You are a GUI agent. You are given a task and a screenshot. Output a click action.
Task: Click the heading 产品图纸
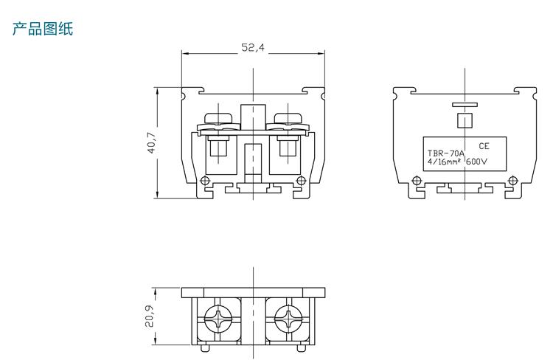43,29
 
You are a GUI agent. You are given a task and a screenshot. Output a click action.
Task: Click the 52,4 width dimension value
253,47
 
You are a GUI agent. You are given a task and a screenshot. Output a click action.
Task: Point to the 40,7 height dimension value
151,142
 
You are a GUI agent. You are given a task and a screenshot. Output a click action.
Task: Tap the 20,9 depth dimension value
149,316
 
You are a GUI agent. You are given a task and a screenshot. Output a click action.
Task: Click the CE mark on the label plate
484,146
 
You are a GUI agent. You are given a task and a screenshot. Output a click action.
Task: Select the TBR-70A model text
446,153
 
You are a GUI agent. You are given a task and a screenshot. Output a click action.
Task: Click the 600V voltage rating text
476,162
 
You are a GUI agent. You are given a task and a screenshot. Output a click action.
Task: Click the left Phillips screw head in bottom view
218,319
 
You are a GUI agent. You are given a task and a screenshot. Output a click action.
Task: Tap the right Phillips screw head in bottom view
288,319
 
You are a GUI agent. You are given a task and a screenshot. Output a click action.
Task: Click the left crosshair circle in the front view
205,181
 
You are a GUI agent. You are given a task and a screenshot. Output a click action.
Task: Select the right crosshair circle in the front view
301,181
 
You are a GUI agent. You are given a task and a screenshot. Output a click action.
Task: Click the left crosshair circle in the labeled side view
417,181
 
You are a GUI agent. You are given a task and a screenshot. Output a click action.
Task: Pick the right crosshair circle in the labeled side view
512,181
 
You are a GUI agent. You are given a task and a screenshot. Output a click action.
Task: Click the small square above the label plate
465,120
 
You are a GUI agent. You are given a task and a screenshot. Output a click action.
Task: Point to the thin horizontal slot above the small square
465,105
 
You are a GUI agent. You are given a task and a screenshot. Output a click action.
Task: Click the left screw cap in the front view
218,118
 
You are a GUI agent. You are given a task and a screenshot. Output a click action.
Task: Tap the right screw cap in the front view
288,118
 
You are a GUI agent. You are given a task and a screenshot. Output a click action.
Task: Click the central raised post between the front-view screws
253,117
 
